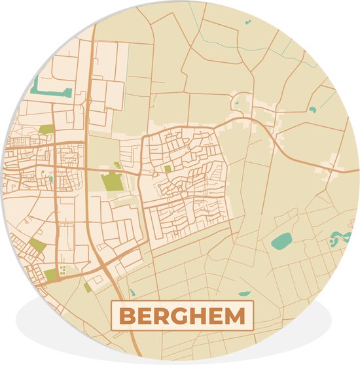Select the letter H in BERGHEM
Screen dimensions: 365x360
(x=202, y=317)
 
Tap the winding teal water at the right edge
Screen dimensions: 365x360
(x=338, y=238)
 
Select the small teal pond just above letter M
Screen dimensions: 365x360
(x=244, y=294)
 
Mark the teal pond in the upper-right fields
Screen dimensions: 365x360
(x=312, y=109)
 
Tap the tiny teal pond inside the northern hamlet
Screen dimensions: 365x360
(x=236, y=103)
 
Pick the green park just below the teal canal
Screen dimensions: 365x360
(x=46, y=130)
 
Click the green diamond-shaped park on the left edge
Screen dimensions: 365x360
(x=37, y=246)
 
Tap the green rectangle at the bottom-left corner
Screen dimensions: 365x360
(x=50, y=275)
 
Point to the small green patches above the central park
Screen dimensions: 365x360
(x=117, y=165)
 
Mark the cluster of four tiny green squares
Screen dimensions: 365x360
(x=63, y=270)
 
